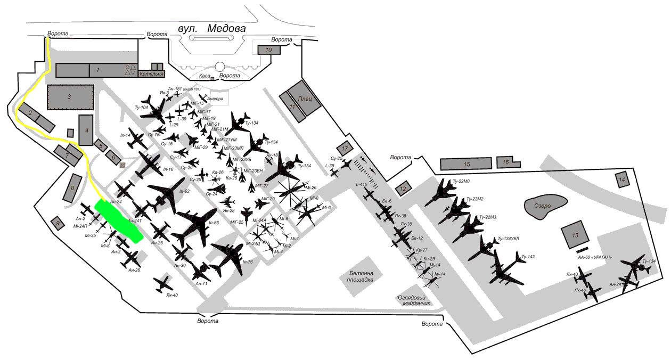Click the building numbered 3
[69, 97]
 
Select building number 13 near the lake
[575, 235]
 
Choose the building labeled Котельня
[151, 73]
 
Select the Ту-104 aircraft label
[141, 108]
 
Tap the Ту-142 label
[527, 257]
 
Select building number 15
[467, 164]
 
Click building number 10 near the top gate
[268, 50]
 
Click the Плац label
[305, 99]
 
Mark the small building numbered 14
[621, 180]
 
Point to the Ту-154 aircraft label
[304, 166]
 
